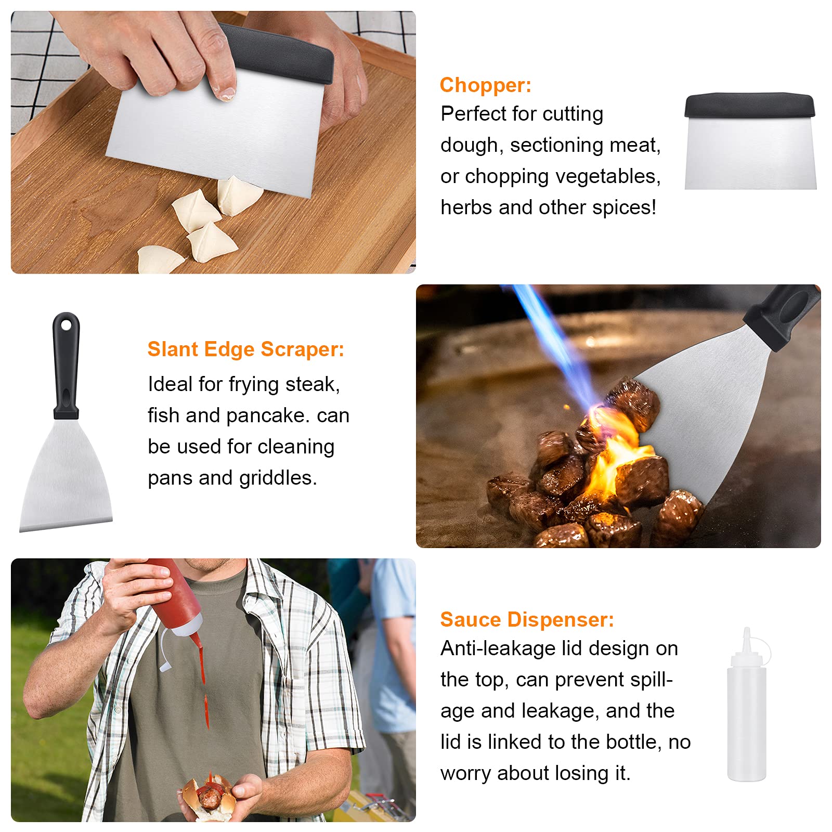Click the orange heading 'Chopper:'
pyautogui.click(x=485, y=85)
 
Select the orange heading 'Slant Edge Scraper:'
pyautogui.click(x=245, y=349)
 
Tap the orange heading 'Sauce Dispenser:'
pyautogui.click(x=527, y=619)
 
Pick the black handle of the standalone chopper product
pyautogui.click(x=749, y=105)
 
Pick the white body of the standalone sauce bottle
pyautogui.click(x=747, y=723)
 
